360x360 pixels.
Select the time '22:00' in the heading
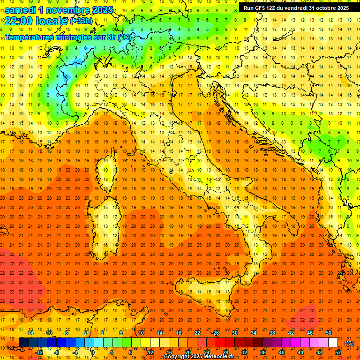click(x=18, y=21)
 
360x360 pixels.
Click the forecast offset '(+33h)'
click(x=81, y=21)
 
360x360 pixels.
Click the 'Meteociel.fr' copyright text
click(x=220, y=357)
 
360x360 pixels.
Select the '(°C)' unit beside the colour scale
click(x=349, y=343)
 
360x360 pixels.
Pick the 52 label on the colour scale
click(x=337, y=352)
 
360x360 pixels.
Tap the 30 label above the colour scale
click(x=234, y=333)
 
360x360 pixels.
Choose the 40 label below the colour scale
click(x=281, y=352)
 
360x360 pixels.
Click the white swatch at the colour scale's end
click(x=333, y=343)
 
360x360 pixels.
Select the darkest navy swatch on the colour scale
click(x=23, y=343)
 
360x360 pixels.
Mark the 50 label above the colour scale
click(x=329, y=333)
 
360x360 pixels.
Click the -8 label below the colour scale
click(x=56, y=352)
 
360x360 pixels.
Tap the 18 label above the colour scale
click(x=178, y=333)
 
